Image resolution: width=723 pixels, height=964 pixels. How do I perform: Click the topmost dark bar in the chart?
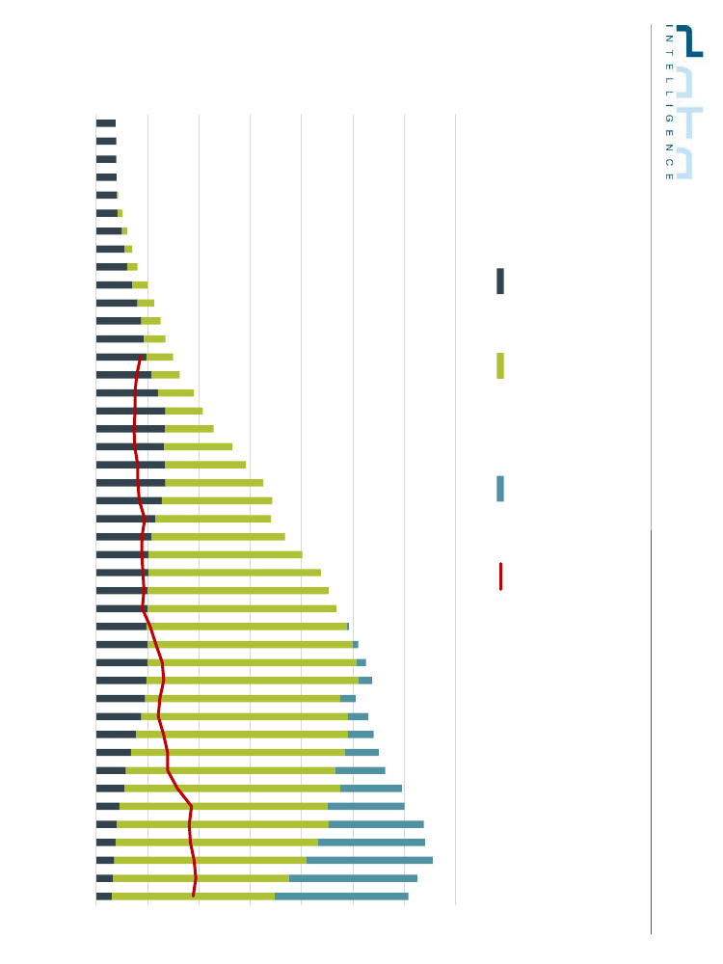tap(106, 123)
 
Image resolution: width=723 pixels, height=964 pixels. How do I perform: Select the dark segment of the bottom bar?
tap(104, 897)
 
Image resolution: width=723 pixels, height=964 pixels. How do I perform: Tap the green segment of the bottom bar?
tap(193, 897)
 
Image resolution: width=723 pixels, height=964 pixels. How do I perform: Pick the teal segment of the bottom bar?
tap(341, 897)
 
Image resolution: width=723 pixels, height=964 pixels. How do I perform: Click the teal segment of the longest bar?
tap(369, 860)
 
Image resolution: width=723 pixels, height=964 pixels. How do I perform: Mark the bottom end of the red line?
tap(193, 896)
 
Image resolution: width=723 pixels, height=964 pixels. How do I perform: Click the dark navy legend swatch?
tap(500, 281)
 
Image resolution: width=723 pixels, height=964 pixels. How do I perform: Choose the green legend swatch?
tap(500, 366)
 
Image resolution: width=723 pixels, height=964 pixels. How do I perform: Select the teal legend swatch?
tap(500, 489)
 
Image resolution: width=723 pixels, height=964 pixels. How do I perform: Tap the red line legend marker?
tap(500, 576)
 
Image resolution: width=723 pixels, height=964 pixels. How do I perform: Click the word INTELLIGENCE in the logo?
tap(668, 101)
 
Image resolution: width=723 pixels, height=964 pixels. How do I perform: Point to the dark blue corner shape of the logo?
tap(689, 40)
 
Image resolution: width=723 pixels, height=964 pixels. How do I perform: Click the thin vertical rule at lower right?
tap(651, 733)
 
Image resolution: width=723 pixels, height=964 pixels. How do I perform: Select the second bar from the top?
tap(106, 141)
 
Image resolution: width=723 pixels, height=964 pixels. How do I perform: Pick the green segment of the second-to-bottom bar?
tap(201, 878)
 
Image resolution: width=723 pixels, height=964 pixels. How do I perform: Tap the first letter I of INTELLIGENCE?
tap(668, 26)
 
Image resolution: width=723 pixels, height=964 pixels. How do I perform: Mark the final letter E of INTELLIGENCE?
tap(668, 175)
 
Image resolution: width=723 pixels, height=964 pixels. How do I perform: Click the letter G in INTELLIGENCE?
tap(668, 119)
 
